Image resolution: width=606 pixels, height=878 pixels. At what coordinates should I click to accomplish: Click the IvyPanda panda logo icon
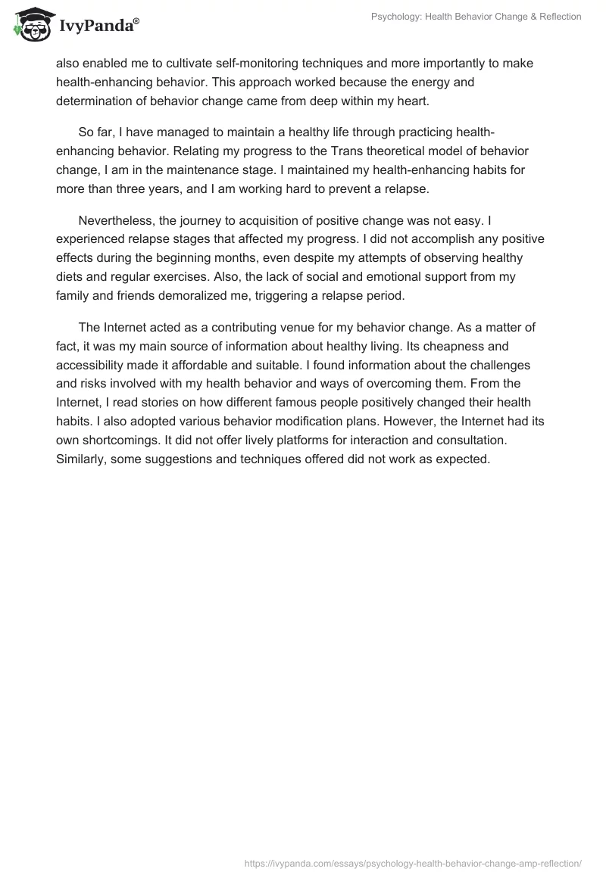pos(30,24)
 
